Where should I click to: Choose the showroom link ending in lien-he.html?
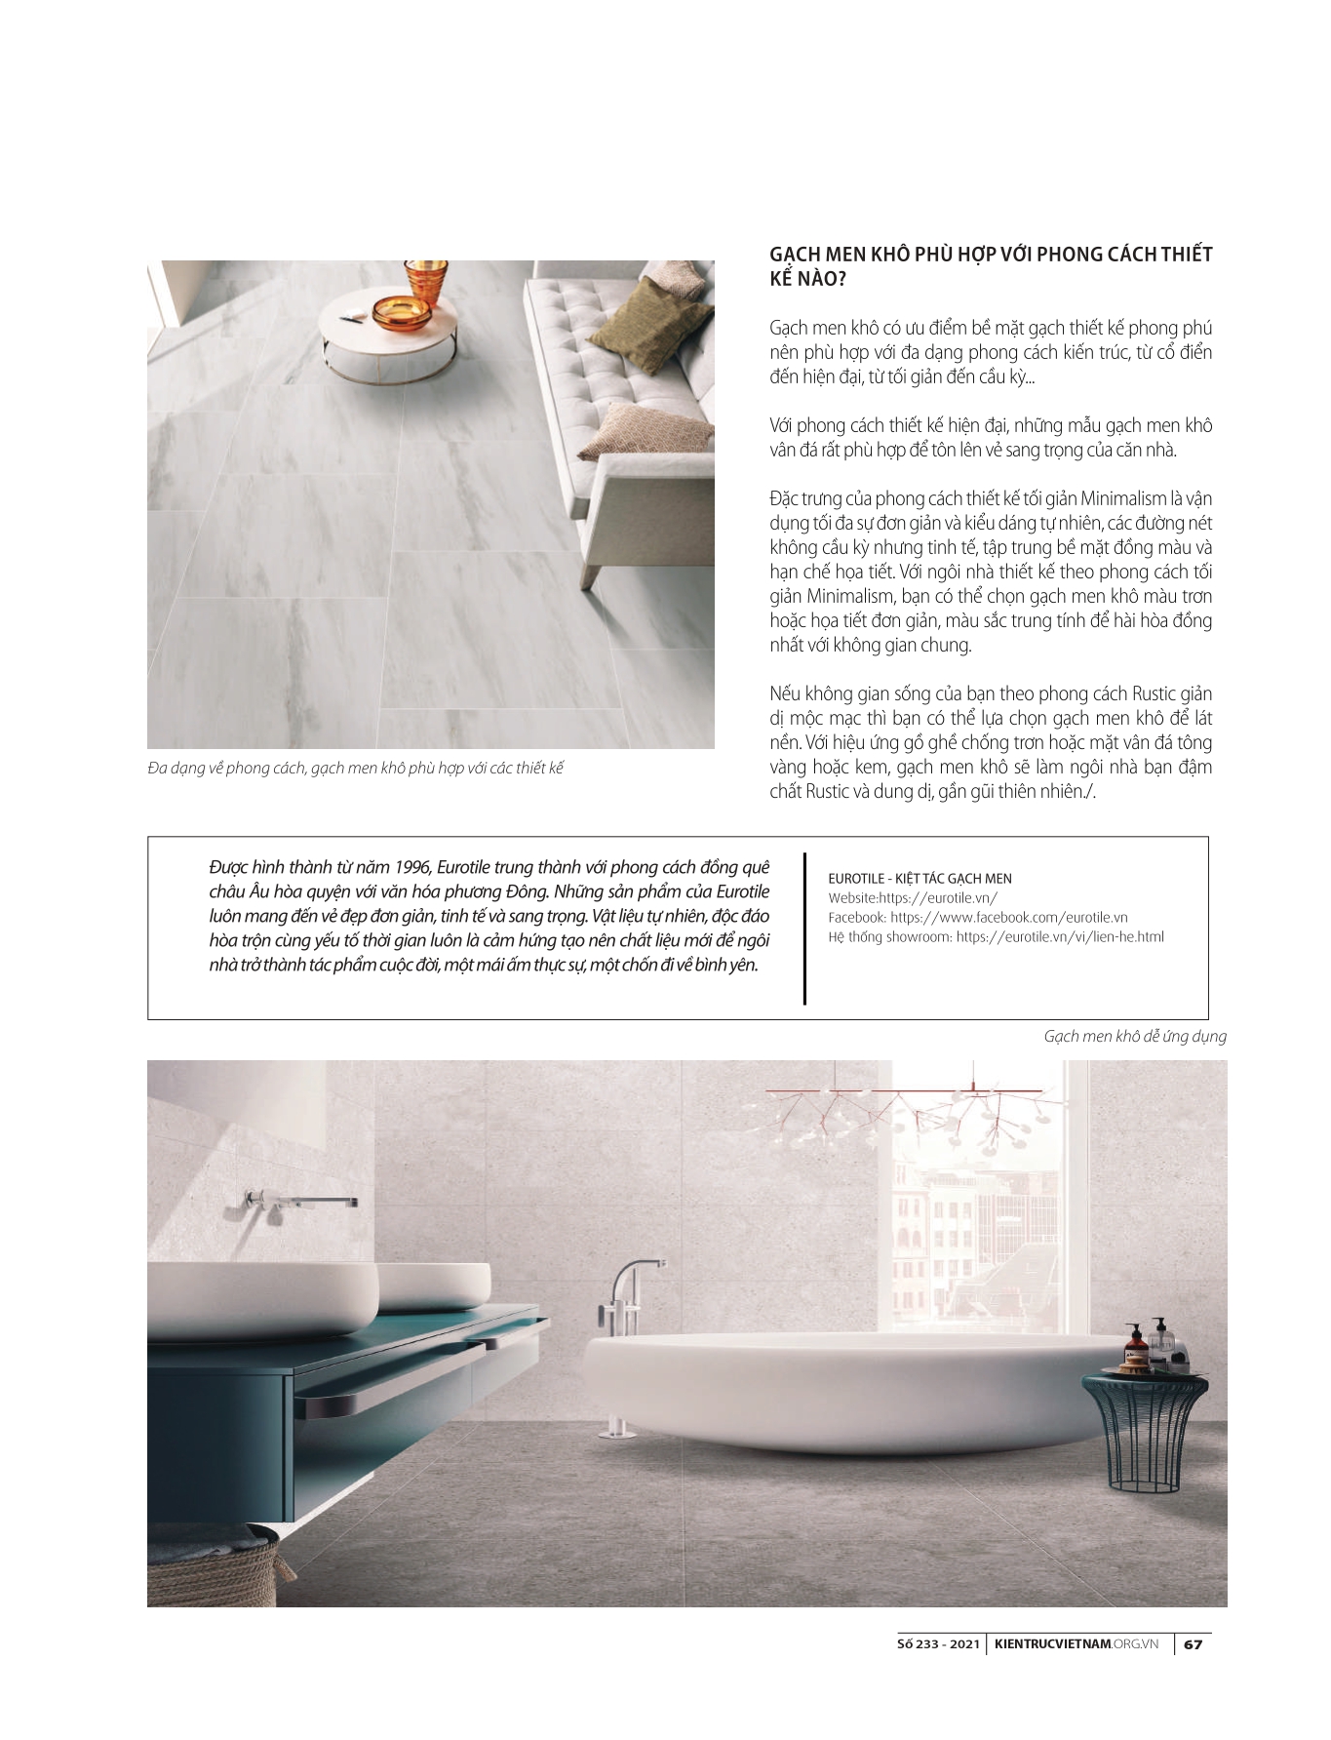1060,937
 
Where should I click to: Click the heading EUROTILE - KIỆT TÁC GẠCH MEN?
920,879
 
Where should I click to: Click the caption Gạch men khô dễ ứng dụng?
1135,1037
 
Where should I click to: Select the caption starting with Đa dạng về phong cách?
356,769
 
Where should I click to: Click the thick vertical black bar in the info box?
804,928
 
